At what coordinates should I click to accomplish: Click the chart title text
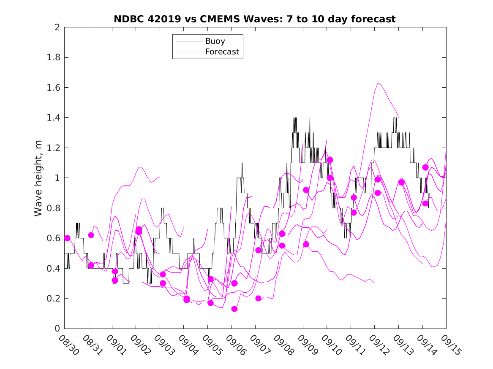[x=255, y=19]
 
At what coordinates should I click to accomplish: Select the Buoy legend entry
[x=215, y=41]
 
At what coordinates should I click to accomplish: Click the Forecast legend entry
[x=222, y=52]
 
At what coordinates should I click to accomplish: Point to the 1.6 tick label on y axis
[x=54, y=88]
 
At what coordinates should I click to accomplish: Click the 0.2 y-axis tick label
[x=54, y=299]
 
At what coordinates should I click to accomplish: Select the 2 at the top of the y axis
[x=57, y=27]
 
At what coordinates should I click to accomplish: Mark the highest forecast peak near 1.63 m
[x=378, y=83]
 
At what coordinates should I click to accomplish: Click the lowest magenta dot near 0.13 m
[x=234, y=309]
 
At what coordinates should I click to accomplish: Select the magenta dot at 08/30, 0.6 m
[x=67, y=238]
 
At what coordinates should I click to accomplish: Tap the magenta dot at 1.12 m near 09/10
[x=330, y=160]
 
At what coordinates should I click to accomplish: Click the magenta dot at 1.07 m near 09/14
[x=425, y=167]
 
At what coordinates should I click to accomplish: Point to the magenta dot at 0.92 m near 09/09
[x=306, y=190]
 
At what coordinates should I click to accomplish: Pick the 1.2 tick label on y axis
[x=54, y=148]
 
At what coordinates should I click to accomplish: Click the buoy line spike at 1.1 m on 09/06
[x=242, y=163]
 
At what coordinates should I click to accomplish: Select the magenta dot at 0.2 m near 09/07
[x=258, y=299]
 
